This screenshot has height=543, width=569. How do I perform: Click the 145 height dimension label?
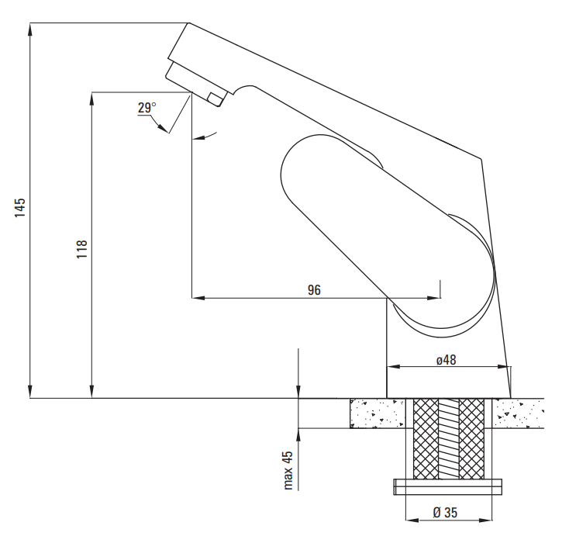[x=20, y=207]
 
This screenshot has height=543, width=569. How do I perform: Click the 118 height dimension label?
[x=82, y=249]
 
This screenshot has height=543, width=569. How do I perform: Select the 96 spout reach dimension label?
[x=314, y=290]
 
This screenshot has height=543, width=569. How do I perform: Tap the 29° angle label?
[x=147, y=108]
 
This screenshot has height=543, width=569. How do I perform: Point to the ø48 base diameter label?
[x=446, y=360]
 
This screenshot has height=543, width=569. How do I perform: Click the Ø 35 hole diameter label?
[x=445, y=512]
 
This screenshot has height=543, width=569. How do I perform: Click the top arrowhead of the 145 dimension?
[x=30, y=29]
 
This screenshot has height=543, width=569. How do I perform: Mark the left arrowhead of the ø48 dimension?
[x=392, y=367]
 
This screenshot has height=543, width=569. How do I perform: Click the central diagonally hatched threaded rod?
[x=449, y=438]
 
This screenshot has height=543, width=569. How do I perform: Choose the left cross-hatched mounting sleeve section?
[x=425, y=438]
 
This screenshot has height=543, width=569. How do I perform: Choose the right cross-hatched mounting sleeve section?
[x=472, y=438]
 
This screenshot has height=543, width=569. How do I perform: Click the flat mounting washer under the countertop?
[x=449, y=486]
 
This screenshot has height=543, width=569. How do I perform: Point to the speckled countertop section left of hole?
[x=377, y=413]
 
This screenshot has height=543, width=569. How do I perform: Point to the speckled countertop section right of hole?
[x=515, y=413]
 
